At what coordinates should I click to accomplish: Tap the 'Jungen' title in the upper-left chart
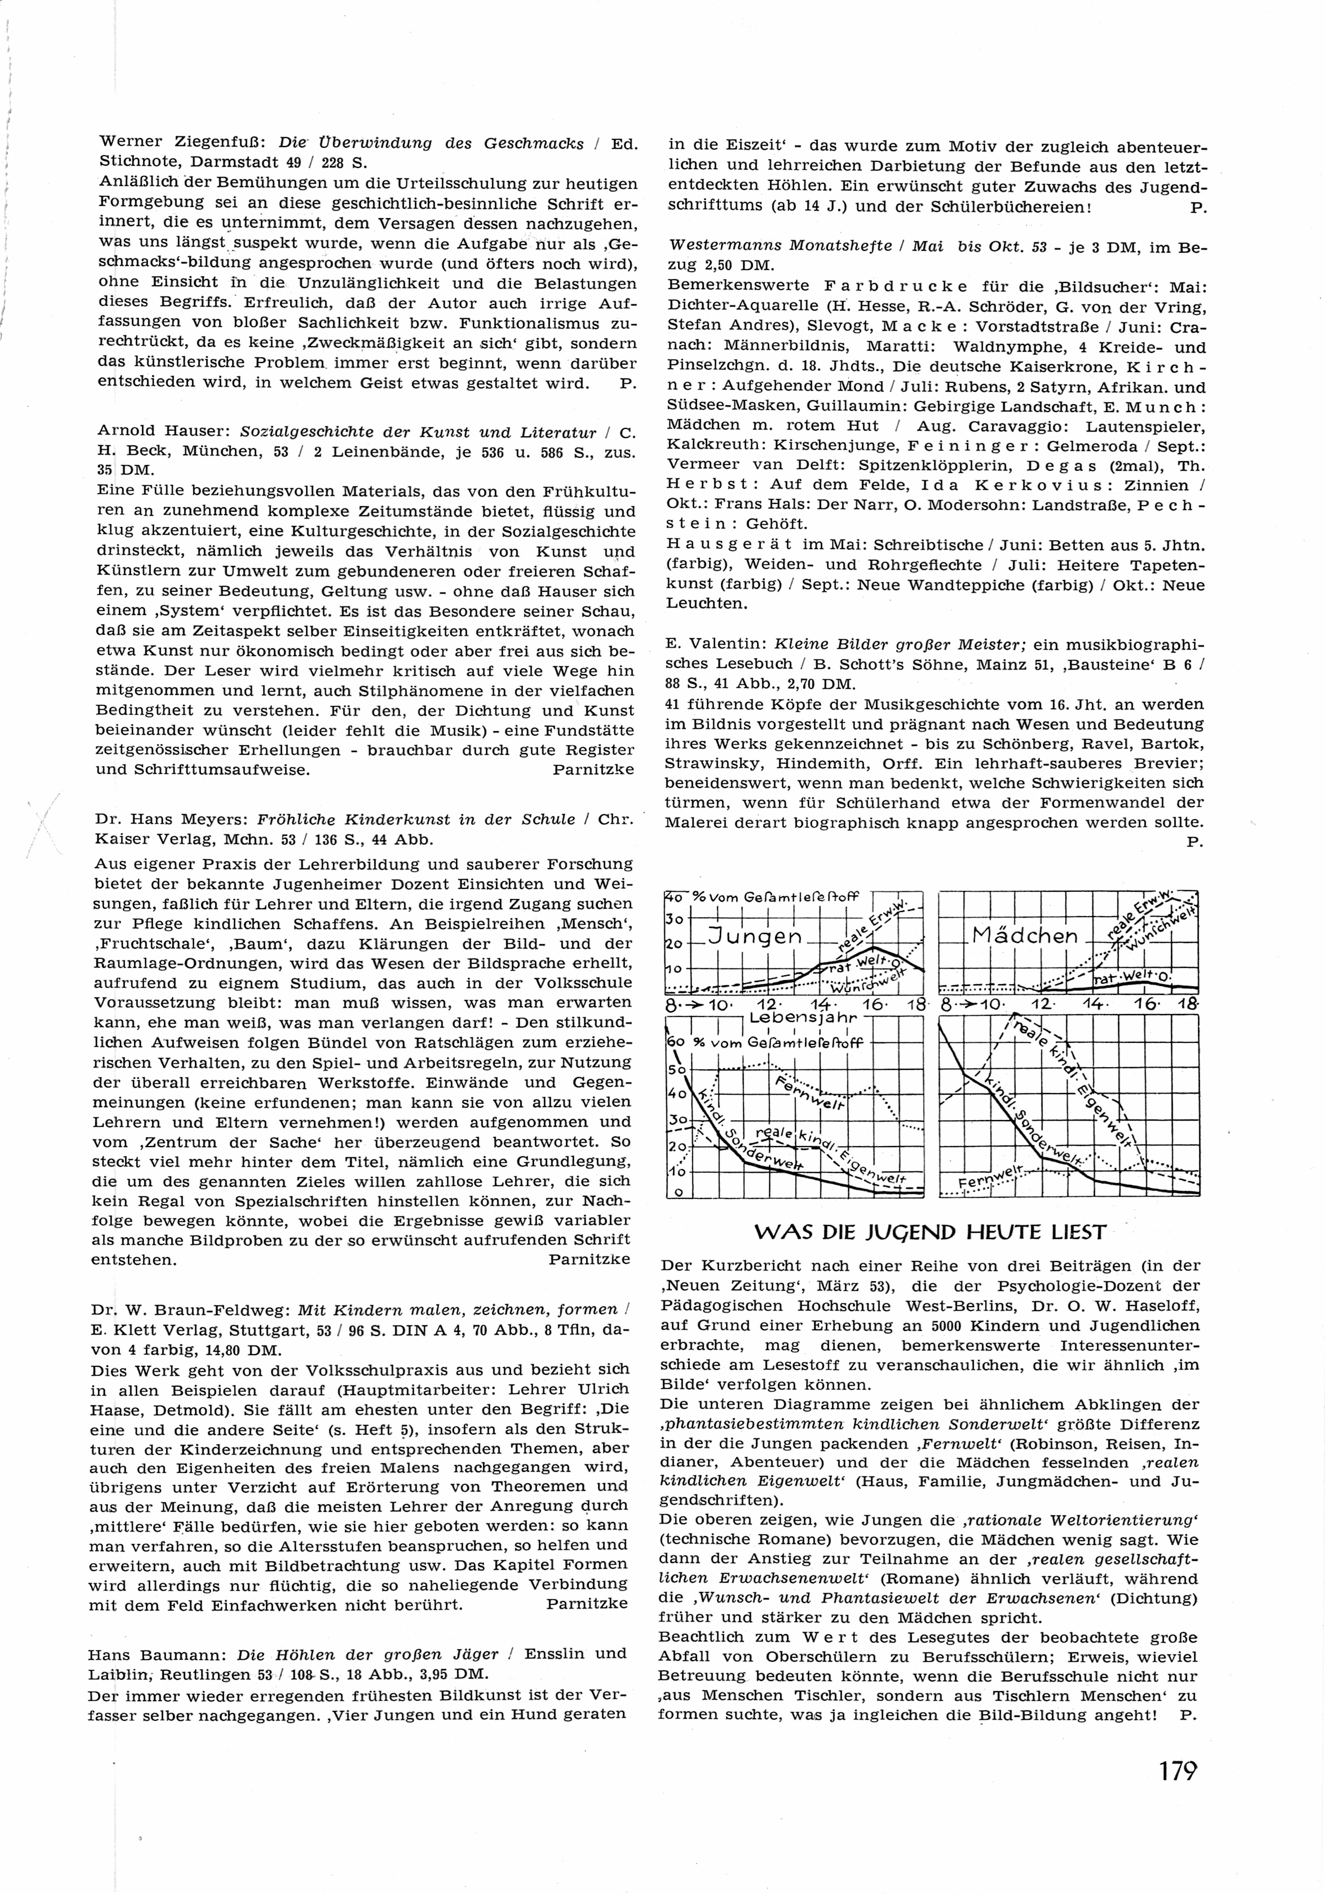point(756,936)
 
